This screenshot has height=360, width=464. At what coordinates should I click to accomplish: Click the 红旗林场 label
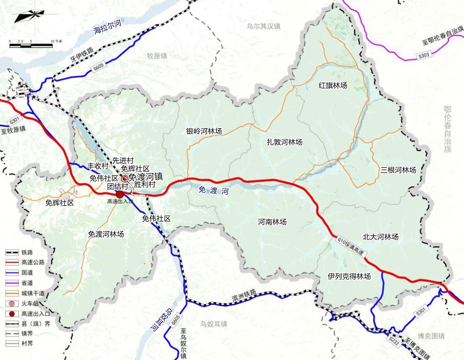(x=333, y=86)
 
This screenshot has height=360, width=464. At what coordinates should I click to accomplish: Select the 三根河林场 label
(x=398, y=170)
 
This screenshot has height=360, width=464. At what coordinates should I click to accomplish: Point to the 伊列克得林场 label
(x=349, y=277)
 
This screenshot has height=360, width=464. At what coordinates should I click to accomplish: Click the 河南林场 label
(x=272, y=222)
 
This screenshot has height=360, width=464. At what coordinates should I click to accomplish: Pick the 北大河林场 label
(x=380, y=237)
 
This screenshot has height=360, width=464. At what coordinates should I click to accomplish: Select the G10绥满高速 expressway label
(x=353, y=246)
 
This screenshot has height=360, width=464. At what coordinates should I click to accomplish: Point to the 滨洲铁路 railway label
(x=244, y=295)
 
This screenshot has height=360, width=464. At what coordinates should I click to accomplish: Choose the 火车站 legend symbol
(x=10, y=303)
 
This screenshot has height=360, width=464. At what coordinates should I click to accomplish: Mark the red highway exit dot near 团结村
(x=120, y=194)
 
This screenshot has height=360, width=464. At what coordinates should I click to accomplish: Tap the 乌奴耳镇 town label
(x=213, y=324)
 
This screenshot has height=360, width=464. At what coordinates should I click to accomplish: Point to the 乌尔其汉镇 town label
(x=263, y=27)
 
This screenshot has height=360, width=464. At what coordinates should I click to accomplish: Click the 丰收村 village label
(x=98, y=166)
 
